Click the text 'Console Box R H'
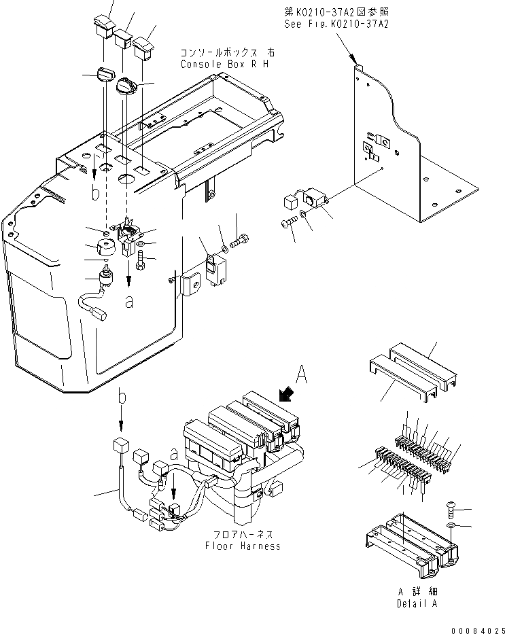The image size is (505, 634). [x=225, y=64]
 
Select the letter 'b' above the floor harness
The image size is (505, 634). [x=121, y=396]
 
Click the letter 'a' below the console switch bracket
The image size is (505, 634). [x=129, y=303]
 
